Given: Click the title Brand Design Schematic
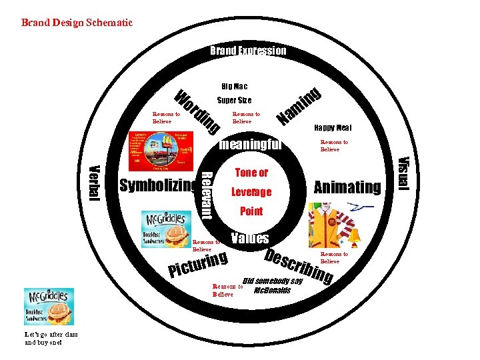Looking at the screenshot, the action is point(77,23).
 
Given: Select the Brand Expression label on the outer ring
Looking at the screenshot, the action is point(248,51).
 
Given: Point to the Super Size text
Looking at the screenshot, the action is point(235,101).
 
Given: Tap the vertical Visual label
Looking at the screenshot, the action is point(402,171).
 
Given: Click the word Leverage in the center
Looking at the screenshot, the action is point(251,192).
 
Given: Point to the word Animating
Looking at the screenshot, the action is point(347,187).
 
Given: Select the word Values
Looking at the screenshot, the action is point(249,238).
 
